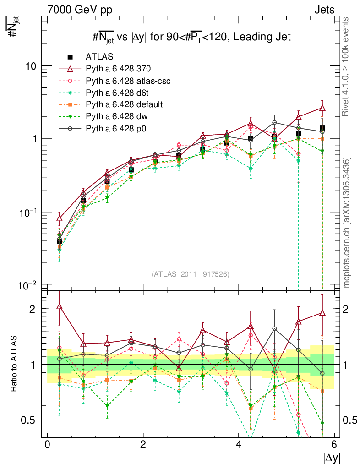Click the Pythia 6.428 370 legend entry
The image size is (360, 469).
coord(118,69)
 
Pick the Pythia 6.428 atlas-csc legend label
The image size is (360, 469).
coord(128,81)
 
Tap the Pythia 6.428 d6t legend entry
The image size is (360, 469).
coord(118,93)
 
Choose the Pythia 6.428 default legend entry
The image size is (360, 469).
coord(124,104)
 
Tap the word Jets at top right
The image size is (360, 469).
coord(324,10)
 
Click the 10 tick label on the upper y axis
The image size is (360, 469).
coord(30,66)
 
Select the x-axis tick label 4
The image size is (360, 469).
coord(239,445)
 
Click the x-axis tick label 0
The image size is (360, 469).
coord(47,445)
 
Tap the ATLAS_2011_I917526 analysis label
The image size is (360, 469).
coord(191,274)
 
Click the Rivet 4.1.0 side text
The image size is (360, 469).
coord(346,66)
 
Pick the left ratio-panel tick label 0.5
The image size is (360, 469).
coord(29,420)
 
